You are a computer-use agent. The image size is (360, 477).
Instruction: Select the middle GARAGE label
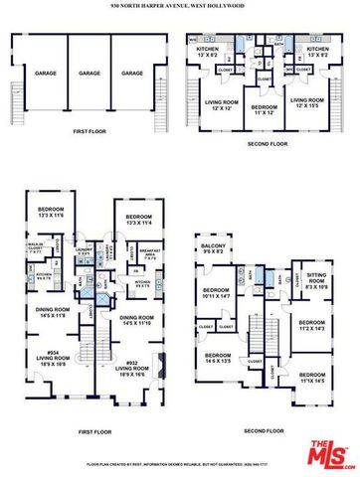90,74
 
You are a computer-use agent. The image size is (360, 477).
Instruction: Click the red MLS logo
327,452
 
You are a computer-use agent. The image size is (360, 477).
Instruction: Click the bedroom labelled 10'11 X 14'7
217,293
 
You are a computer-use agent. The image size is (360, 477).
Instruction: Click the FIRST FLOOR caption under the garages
89,128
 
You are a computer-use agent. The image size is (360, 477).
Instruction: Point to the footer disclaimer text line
179,464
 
